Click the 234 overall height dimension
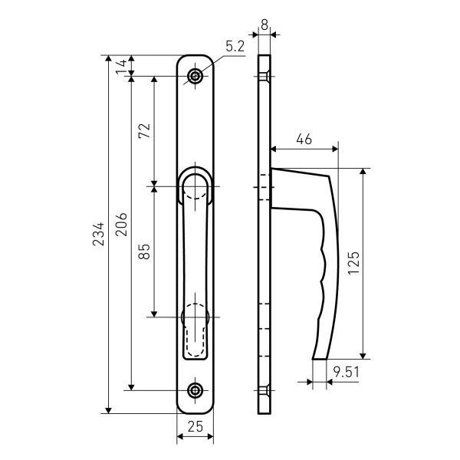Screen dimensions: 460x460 coord(97,234)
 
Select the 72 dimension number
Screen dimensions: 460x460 coord(143,131)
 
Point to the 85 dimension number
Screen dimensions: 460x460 coord(143,251)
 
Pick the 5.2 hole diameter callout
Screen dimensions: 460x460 coord(235,47)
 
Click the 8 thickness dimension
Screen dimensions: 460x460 coord(264,25)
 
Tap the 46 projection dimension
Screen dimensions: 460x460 coord(304,140)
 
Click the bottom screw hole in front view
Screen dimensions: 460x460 coord(196,390)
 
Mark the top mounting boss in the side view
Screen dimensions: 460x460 coord(265,77)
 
